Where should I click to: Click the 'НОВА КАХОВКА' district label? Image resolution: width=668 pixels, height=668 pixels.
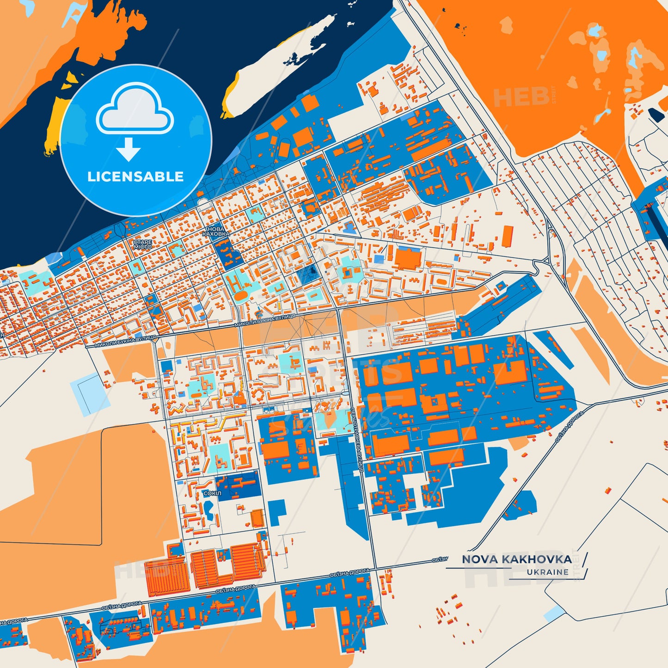point(216,231)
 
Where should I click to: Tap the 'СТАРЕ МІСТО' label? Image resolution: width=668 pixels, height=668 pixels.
point(142,244)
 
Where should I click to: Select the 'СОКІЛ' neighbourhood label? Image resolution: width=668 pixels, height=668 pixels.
point(212,493)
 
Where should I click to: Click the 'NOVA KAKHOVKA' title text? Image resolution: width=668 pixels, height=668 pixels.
point(516,559)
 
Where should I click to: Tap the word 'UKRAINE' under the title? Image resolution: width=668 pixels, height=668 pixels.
point(547,572)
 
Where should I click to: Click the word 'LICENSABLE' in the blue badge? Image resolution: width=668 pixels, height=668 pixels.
point(135,177)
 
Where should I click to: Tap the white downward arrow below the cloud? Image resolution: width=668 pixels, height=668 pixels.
point(129,149)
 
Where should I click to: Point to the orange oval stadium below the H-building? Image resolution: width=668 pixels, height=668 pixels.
point(240,296)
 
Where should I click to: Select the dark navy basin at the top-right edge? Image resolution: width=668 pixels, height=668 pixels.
point(656,115)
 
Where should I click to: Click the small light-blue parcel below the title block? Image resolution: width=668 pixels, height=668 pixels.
point(554,613)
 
